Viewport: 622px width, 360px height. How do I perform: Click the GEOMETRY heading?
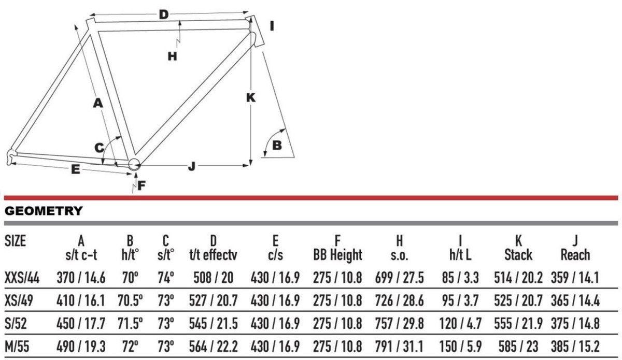(x=44, y=211)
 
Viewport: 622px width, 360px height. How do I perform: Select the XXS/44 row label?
(x=22, y=278)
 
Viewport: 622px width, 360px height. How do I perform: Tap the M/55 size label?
(x=17, y=347)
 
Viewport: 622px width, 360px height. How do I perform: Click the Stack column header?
(x=518, y=254)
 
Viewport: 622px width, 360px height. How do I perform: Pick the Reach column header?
(x=575, y=254)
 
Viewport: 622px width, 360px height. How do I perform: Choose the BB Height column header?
(x=337, y=255)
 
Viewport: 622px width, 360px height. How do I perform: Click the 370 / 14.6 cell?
(x=81, y=278)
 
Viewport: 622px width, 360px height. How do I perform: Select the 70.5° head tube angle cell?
(x=130, y=300)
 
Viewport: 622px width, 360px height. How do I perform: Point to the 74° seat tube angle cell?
(x=166, y=278)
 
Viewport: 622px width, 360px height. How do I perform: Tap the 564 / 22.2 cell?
(x=213, y=347)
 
